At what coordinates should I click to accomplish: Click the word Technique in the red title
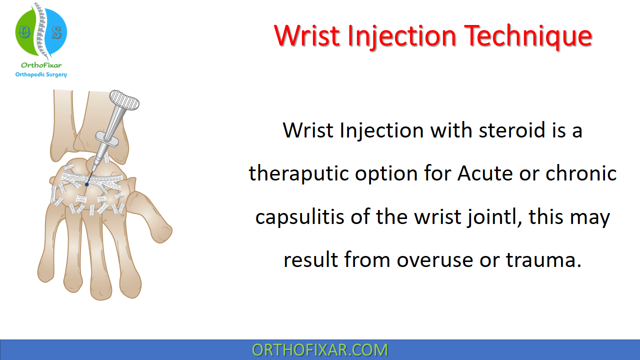[x=528, y=36]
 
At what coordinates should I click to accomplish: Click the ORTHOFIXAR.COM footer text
[x=319, y=350]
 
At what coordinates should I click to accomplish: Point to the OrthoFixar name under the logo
[x=41, y=65]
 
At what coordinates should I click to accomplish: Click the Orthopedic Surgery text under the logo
[x=41, y=74]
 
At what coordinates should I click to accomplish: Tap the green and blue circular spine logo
[x=41, y=31]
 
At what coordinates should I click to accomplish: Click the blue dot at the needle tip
[x=87, y=184]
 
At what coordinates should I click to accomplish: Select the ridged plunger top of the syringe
[x=124, y=100]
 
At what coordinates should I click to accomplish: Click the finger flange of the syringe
[x=107, y=139]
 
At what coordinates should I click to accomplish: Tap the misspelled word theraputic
[x=298, y=173]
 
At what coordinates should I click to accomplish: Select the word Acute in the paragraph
[x=485, y=173]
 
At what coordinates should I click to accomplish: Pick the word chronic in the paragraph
[x=581, y=173]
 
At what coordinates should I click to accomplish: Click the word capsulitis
[x=299, y=217]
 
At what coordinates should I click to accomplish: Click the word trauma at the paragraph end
[x=540, y=260]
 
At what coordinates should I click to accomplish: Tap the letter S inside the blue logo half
[x=57, y=32]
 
